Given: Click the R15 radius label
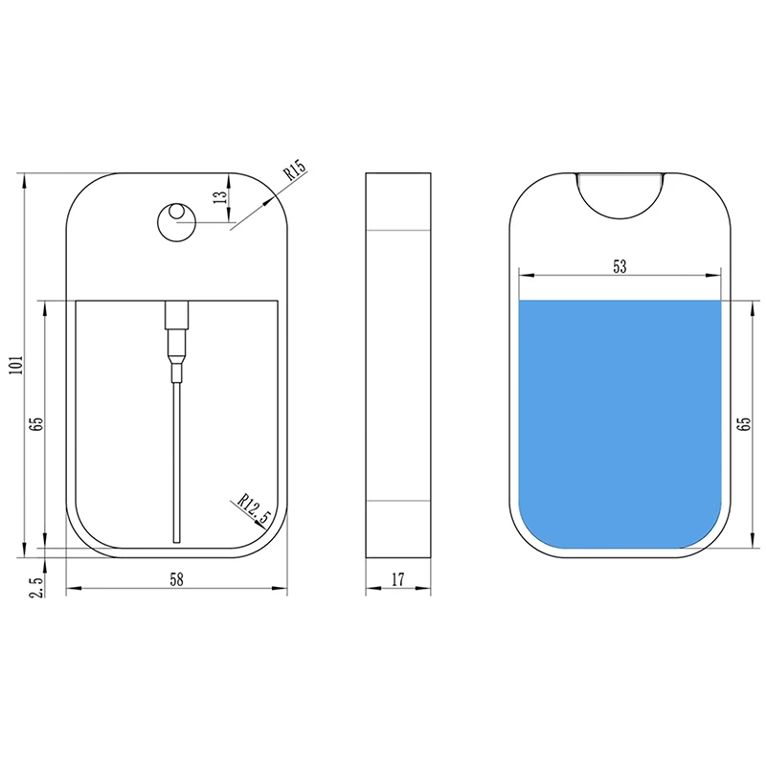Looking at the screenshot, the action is (295, 169).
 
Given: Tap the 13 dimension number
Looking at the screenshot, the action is (221, 196).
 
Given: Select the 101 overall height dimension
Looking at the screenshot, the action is (17, 365).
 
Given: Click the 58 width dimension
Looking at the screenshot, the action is (176, 579).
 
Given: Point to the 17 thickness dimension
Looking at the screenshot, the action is (398, 579).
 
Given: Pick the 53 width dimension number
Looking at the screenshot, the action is (620, 267).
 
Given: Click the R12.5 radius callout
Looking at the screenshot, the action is (254, 509).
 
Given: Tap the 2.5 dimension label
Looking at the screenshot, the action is (37, 586).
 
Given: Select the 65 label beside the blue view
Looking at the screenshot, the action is (745, 423).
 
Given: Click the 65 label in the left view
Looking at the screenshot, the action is (36, 423).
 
